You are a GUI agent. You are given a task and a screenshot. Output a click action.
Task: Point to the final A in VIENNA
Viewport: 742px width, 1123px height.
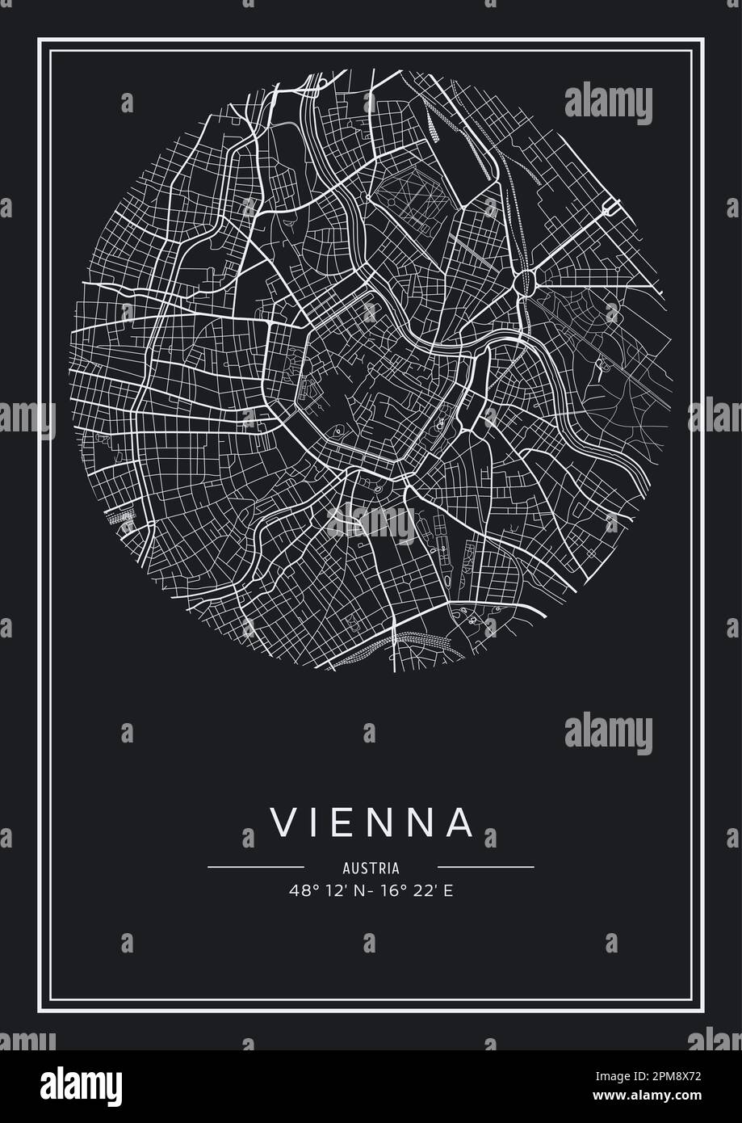457,822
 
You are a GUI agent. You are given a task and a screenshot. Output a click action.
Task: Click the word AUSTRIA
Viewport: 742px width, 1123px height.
371,869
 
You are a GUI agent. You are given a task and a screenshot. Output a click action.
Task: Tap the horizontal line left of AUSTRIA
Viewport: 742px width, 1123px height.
255,867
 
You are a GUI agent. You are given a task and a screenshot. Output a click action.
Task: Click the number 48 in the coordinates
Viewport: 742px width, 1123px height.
297,891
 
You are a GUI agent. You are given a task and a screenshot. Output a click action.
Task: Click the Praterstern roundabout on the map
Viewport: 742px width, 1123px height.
523,281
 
